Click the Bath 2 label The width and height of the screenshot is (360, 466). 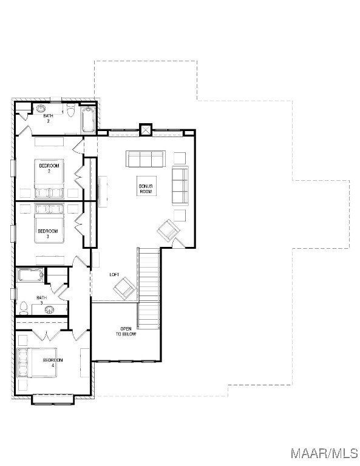click(48, 118)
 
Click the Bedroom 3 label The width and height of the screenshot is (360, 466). click(47, 233)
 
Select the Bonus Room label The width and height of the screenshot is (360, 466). click(145, 189)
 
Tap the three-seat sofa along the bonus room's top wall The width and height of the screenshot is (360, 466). click(145, 159)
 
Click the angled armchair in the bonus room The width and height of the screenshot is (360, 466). click(168, 231)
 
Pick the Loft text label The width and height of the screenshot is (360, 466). click(114, 274)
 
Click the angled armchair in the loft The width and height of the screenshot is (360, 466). click(124, 286)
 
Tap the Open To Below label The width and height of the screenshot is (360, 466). click(127, 331)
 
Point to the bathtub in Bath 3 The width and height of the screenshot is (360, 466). click(29, 275)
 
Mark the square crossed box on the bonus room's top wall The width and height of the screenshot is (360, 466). click(146, 129)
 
